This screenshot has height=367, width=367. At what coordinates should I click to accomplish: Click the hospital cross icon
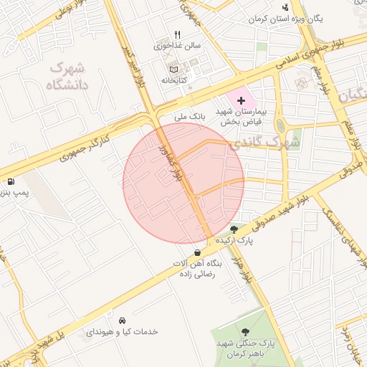click(240, 101)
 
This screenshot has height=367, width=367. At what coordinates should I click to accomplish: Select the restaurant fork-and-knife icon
click(178, 34)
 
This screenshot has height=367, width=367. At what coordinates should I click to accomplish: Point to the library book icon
click(173, 69)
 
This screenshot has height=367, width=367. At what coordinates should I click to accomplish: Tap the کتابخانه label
click(173, 80)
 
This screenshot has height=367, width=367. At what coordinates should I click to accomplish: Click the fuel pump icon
click(11, 181)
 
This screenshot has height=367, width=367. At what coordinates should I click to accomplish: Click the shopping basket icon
click(197, 252)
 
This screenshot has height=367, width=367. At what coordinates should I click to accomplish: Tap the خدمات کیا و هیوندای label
click(122, 332)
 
